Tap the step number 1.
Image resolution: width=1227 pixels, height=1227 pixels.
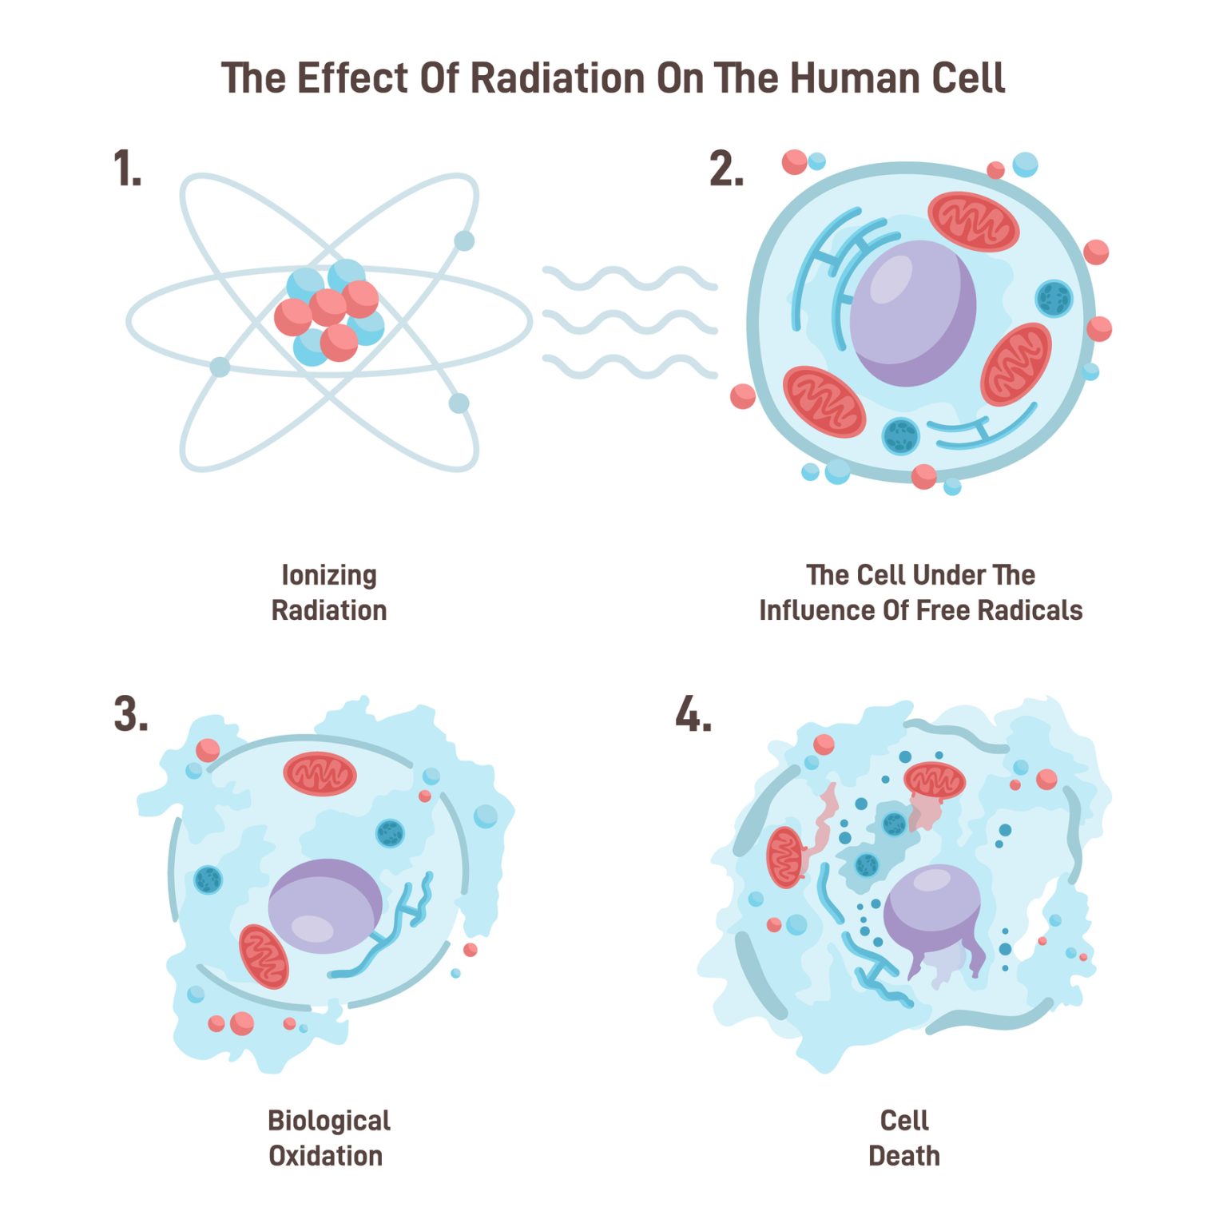tap(127, 169)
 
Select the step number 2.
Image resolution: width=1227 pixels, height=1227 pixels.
tap(726, 169)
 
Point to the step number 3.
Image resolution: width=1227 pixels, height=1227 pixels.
tap(131, 713)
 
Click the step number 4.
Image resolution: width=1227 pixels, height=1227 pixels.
tap(693, 713)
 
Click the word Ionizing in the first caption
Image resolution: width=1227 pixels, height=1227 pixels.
tap(329, 576)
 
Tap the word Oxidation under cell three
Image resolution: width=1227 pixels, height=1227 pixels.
tap(326, 1156)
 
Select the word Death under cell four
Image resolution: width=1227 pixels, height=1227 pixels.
tap(904, 1156)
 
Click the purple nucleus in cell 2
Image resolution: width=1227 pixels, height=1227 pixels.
tap(913, 313)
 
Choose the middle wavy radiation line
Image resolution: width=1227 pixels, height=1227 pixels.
tap(629, 322)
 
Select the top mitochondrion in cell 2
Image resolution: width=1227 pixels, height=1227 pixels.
tap(973, 221)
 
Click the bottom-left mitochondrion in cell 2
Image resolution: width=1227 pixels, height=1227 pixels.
tap(824, 402)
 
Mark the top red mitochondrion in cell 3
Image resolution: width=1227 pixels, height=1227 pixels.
tap(320, 774)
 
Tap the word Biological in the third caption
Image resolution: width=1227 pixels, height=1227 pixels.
tap(329, 1121)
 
